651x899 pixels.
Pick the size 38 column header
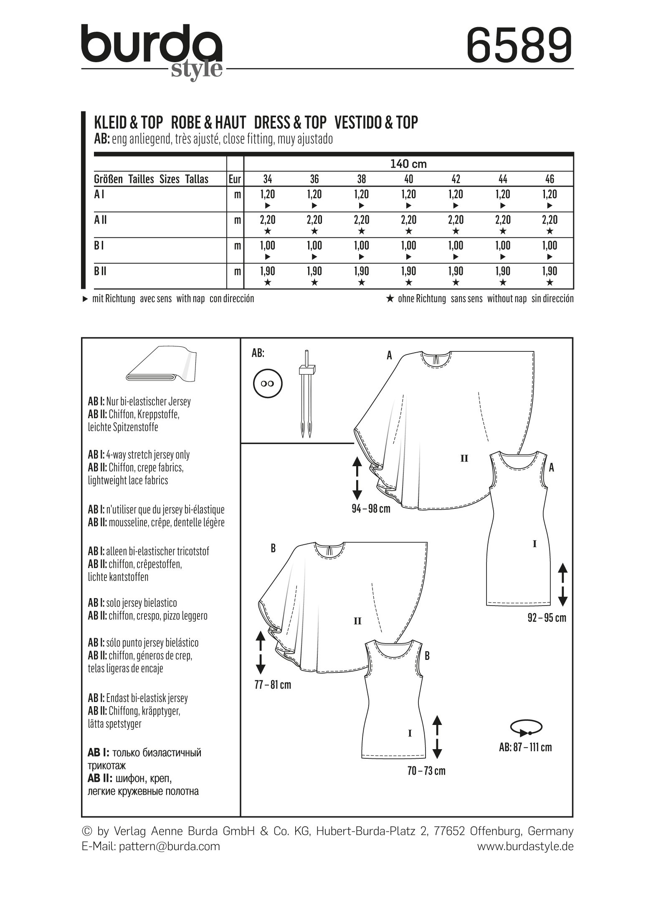[362, 179]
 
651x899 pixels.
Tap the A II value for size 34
[268, 220]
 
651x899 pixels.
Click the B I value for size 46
[550, 245]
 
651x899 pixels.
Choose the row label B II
[101, 272]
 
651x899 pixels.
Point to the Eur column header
[235, 179]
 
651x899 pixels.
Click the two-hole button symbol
[268, 383]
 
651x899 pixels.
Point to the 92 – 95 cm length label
[547, 618]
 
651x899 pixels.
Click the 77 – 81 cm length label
[272, 685]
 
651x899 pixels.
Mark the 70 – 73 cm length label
[426, 771]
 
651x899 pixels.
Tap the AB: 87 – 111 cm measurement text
[525, 747]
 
